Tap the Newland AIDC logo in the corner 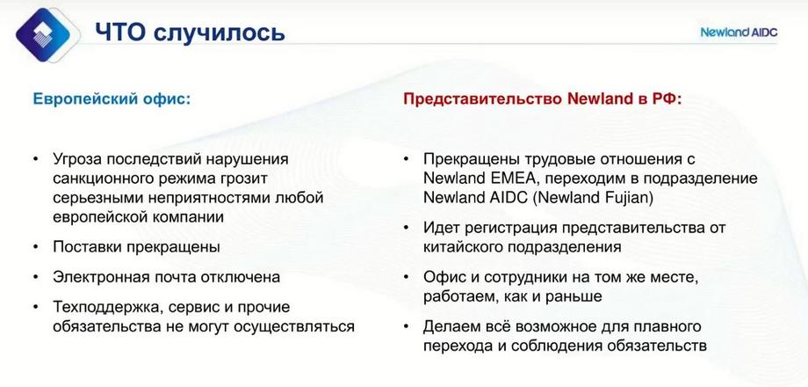coord(739,32)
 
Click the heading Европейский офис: coord(112,99)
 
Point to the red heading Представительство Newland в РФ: coord(543,99)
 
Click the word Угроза coord(79,159)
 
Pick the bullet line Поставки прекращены coord(136,247)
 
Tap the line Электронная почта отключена coord(167,277)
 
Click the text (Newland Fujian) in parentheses coord(593,199)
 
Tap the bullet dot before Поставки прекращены coord(35,247)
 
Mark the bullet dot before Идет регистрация coord(406,228)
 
